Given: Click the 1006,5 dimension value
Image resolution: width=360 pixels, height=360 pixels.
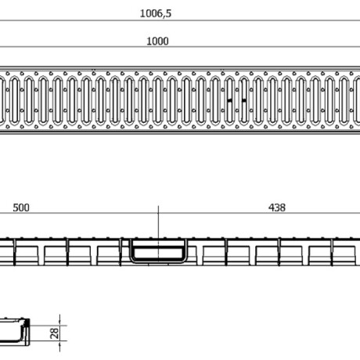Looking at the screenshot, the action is pyautogui.click(x=156, y=13).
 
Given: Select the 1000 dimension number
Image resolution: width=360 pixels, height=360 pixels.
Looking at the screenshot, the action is pyautogui.click(x=157, y=41).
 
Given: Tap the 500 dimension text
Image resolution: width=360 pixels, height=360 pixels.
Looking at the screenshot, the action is pyautogui.click(x=21, y=207).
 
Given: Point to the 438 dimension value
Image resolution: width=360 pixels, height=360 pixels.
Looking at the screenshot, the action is pyautogui.click(x=277, y=207).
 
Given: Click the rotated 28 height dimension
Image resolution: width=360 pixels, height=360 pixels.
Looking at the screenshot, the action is pyautogui.click(x=55, y=333).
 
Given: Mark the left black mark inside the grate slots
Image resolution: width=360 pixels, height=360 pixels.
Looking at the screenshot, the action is pyautogui.click(x=229, y=100).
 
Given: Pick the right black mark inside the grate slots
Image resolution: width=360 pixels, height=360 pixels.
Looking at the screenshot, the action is pyautogui.click(x=244, y=100).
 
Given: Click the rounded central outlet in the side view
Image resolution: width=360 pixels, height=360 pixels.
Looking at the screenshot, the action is pyautogui.click(x=158, y=250).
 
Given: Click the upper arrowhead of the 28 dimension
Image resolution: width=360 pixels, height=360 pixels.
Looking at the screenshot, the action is pyautogui.click(x=60, y=323).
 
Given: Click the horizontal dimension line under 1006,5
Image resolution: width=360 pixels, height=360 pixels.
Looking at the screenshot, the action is pyautogui.click(x=180, y=20).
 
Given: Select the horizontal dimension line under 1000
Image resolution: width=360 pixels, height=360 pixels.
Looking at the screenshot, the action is pyautogui.click(x=180, y=47).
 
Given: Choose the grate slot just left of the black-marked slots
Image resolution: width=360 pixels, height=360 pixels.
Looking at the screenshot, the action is pyautogui.click(x=215, y=100).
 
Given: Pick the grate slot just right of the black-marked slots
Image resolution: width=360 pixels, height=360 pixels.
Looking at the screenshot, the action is pyautogui.click(x=258, y=100).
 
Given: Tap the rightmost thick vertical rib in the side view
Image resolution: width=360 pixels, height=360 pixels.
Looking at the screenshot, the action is pyautogui.click(x=333, y=252).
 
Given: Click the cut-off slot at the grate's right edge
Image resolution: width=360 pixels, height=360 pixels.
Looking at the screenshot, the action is pyautogui.click(x=357, y=100).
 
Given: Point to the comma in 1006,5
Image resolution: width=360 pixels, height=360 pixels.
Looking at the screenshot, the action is pyautogui.click(x=164, y=16).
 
